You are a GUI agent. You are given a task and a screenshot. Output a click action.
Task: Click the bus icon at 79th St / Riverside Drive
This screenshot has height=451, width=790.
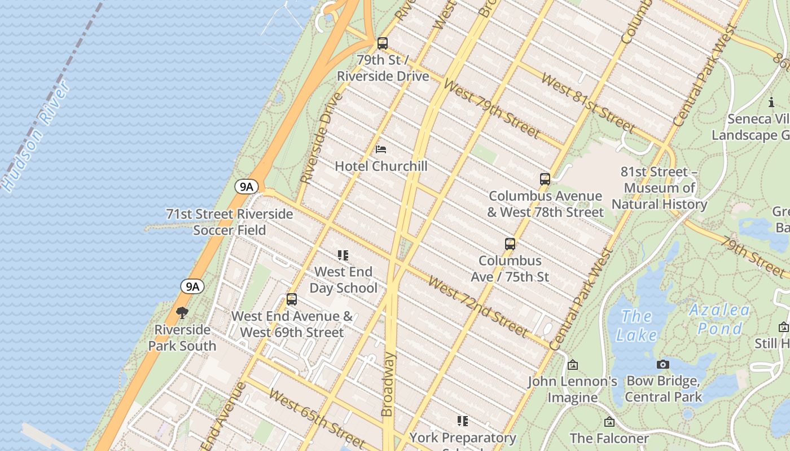point(383,43)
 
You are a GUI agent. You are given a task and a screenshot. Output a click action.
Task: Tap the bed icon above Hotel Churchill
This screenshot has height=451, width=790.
point(381,149)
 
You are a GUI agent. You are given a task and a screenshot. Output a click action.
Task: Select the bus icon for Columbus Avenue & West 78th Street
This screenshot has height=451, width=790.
point(545,179)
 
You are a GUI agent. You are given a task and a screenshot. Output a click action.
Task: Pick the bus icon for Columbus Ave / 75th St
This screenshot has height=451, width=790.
point(510,244)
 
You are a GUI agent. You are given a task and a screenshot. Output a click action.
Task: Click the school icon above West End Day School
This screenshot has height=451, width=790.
point(343,255)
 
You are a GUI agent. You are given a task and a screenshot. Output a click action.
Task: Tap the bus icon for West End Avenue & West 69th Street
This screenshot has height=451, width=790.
point(292,299)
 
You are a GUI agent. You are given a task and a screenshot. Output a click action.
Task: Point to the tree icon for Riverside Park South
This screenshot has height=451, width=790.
point(182,313)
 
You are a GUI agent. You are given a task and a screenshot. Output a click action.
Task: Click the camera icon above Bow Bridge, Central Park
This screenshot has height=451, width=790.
point(663,364)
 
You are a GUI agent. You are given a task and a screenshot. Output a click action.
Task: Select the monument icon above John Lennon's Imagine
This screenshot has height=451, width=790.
point(572,365)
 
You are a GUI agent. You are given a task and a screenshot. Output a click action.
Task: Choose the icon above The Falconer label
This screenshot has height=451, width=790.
point(609,422)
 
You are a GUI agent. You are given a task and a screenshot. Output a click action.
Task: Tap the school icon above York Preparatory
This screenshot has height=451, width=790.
point(463,421)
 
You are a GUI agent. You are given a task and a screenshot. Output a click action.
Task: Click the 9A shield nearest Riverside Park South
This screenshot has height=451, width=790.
point(192,286)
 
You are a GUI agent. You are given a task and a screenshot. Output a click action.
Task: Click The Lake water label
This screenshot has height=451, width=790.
point(637,325)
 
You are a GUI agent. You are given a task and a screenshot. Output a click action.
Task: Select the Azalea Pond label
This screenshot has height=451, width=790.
point(719,319)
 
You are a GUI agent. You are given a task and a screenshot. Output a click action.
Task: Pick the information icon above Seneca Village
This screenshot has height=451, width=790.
point(771,102)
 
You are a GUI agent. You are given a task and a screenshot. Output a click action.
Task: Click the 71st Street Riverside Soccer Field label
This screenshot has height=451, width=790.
point(229,222)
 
